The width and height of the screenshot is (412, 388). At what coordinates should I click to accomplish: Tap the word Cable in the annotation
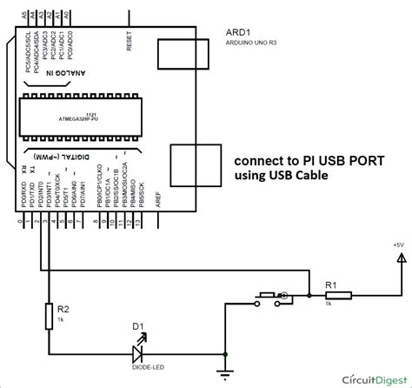[x=310, y=177]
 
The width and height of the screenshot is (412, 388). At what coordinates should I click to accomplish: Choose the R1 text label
[x=331, y=259]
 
